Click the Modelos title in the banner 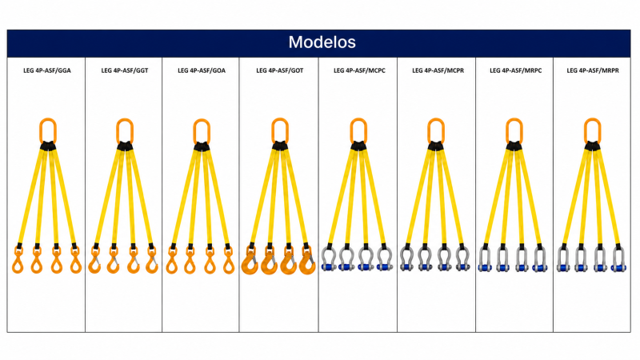point(322,42)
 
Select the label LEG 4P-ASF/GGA point(47,70)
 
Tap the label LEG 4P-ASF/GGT point(125,70)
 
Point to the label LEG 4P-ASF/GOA point(202,70)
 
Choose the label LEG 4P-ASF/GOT point(279,70)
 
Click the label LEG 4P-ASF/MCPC point(359,70)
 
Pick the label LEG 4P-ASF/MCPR point(438,70)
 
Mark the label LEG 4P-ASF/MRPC point(515,70)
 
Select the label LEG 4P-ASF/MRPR point(593,70)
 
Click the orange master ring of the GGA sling point(41,130)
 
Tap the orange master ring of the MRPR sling point(586,130)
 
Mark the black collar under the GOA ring point(202,146)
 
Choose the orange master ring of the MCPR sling point(429,130)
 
